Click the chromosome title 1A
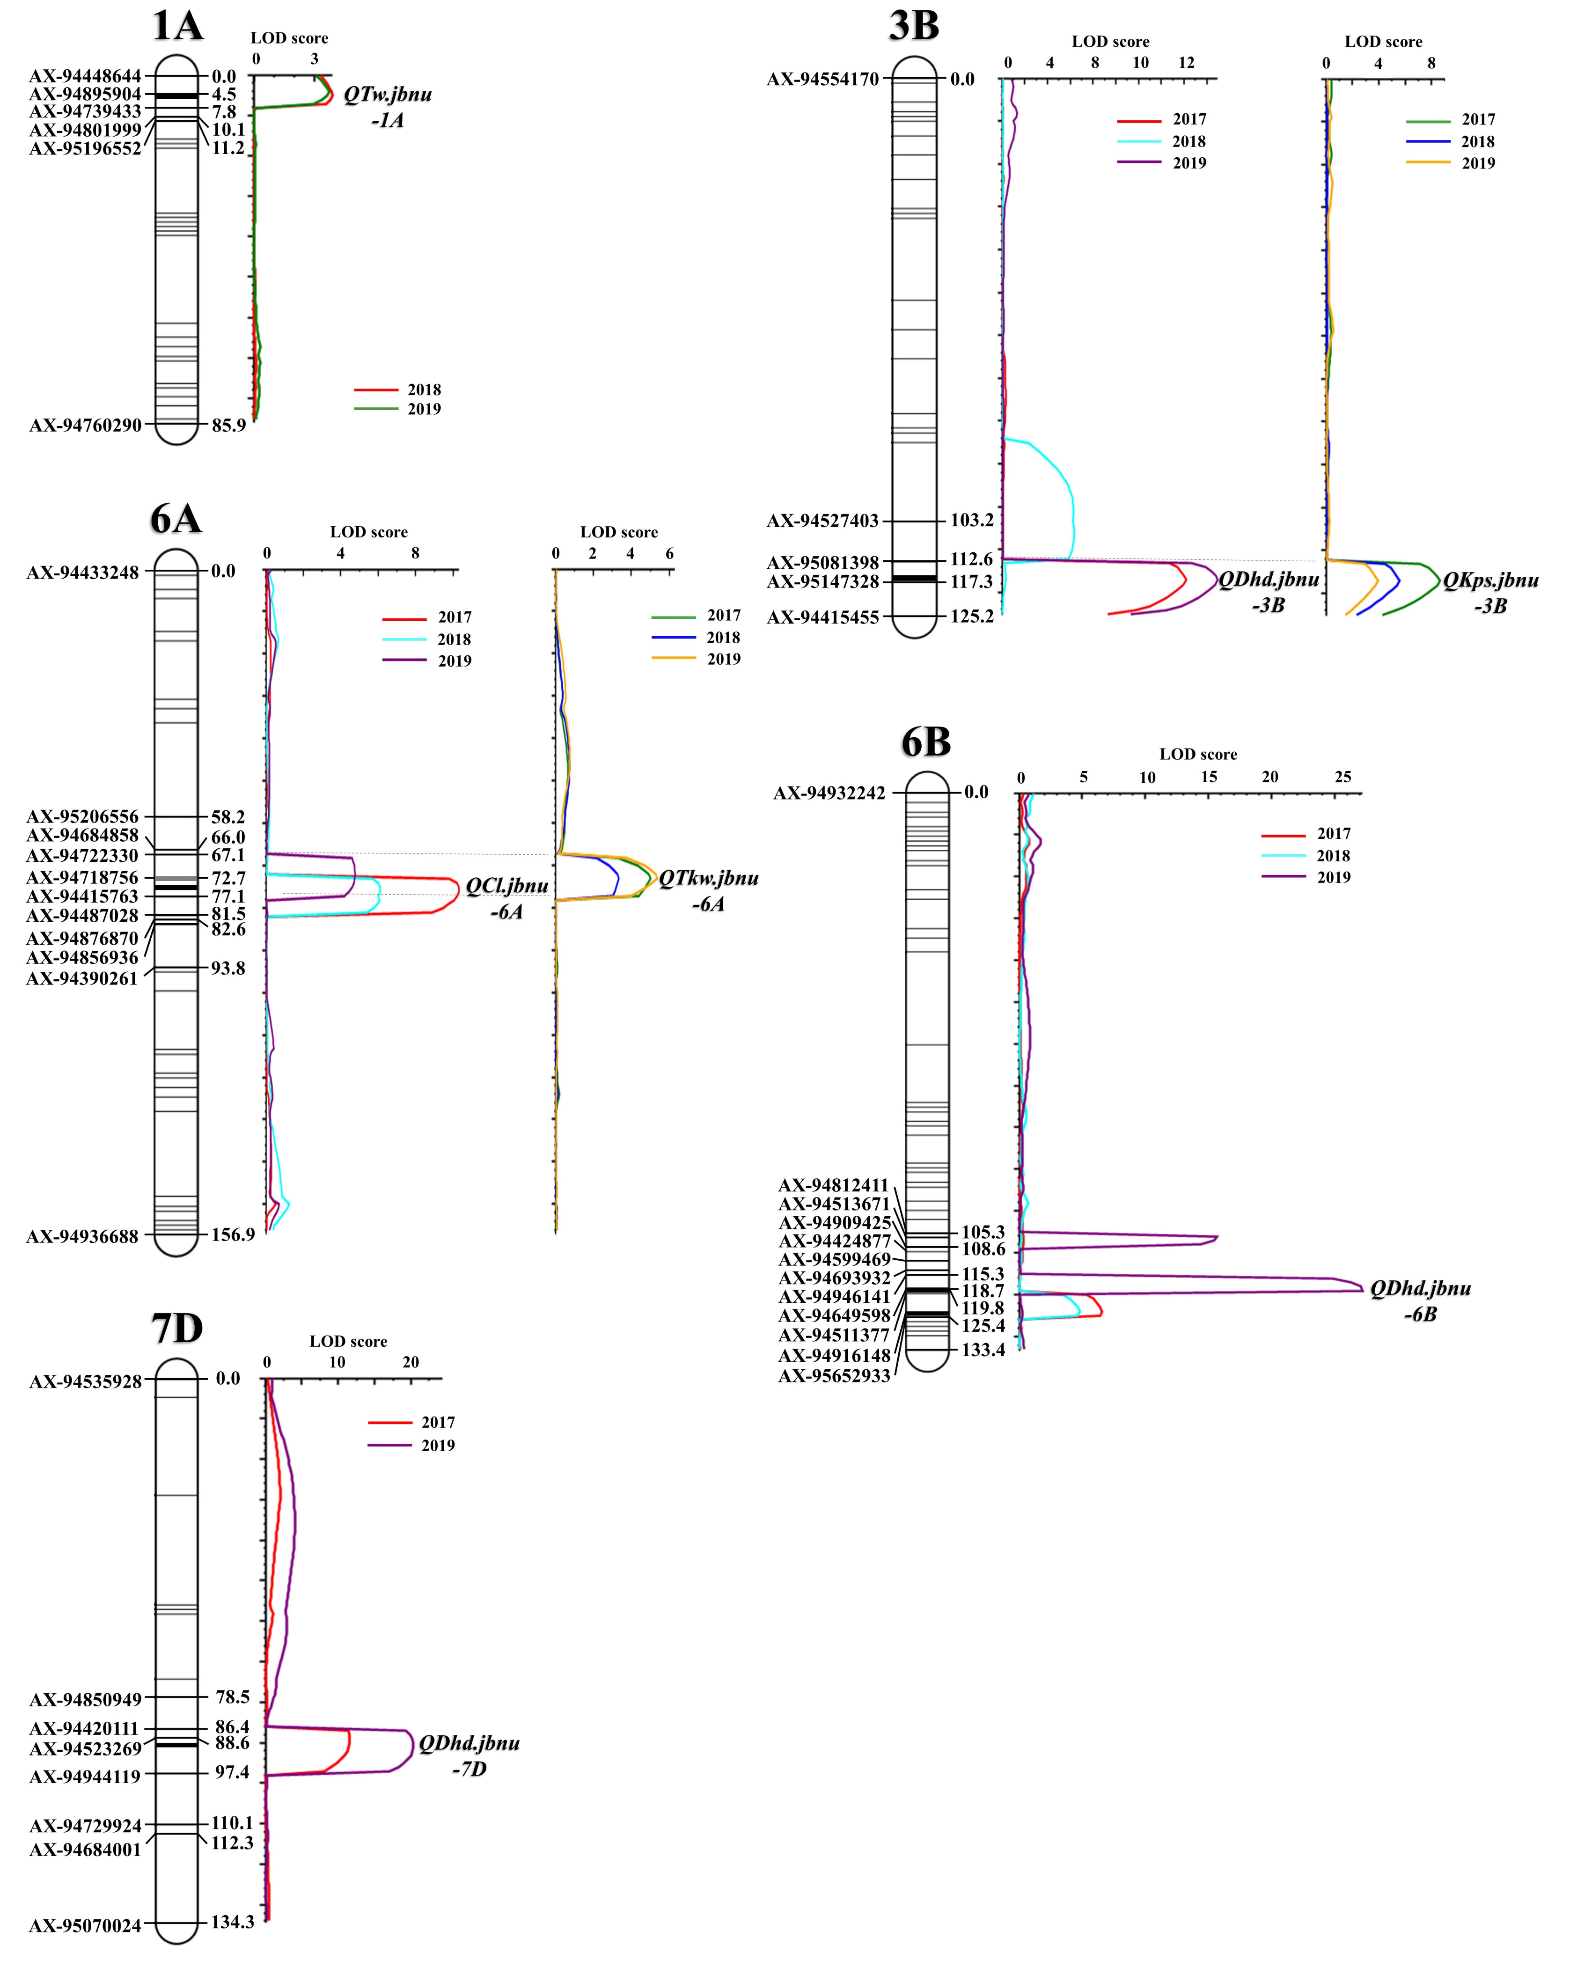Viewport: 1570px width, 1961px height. (x=177, y=24)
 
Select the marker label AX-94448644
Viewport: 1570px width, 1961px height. (x=86, y=76)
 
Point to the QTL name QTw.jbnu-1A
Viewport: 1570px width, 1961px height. (x=388, y=107)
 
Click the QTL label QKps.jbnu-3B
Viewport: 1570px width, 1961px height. (x=1491, y=593)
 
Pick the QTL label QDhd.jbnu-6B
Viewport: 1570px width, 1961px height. (x=1420, y=1300)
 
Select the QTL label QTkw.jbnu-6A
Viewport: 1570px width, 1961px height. (x=709, y=890)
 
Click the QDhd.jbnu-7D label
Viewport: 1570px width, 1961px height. (x=470, y=1755)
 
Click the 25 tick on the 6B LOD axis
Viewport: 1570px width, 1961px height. (x=1343, y=777)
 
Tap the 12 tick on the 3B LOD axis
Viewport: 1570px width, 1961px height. (x=1186, y=63)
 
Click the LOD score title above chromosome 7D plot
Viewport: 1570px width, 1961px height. (x=348, y=1342)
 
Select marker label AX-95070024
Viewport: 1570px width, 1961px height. (x=86, y=1925)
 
